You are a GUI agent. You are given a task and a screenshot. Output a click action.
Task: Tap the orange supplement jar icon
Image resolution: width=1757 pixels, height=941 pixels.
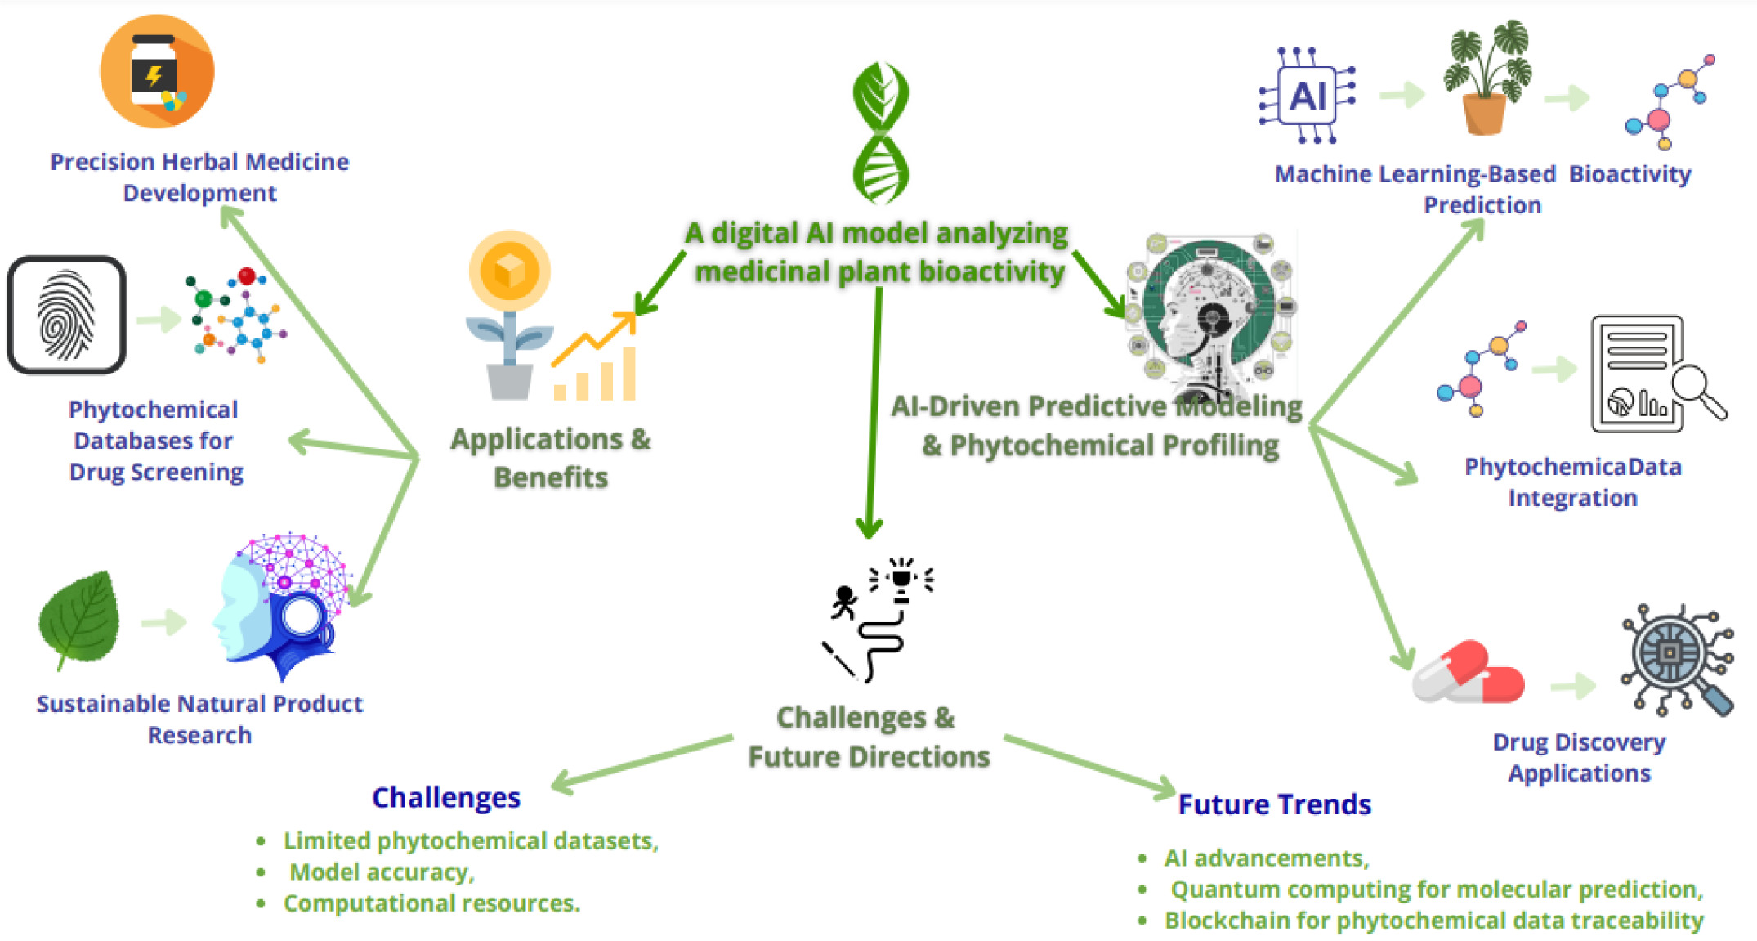157,72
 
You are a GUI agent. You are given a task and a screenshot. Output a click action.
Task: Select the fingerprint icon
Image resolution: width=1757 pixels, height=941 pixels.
66,315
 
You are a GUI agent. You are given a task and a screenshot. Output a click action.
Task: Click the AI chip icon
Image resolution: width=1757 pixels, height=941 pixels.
1307,96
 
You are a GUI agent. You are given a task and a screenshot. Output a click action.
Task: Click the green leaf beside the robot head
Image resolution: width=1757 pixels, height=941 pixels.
79,619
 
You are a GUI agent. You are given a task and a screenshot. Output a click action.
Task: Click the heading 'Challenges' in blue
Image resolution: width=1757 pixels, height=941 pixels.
445,797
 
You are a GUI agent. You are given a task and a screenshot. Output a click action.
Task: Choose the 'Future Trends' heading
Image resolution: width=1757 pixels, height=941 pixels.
1274,804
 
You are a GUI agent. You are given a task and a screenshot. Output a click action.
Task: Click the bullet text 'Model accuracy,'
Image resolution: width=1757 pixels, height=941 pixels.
382,872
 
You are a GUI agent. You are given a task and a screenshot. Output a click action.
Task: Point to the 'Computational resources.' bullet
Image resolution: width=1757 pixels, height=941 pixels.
431,903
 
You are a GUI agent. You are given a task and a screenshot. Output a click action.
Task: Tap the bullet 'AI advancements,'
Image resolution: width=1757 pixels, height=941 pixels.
1266,858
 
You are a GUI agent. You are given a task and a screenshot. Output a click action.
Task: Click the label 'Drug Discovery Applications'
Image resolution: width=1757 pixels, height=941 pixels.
1579,757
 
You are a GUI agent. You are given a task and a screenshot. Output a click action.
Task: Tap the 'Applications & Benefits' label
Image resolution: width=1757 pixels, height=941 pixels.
551,458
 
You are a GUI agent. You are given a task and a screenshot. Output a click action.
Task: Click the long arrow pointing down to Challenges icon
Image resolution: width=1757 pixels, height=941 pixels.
874,409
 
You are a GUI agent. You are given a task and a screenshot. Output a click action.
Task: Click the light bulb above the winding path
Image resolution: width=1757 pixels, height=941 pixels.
901,577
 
